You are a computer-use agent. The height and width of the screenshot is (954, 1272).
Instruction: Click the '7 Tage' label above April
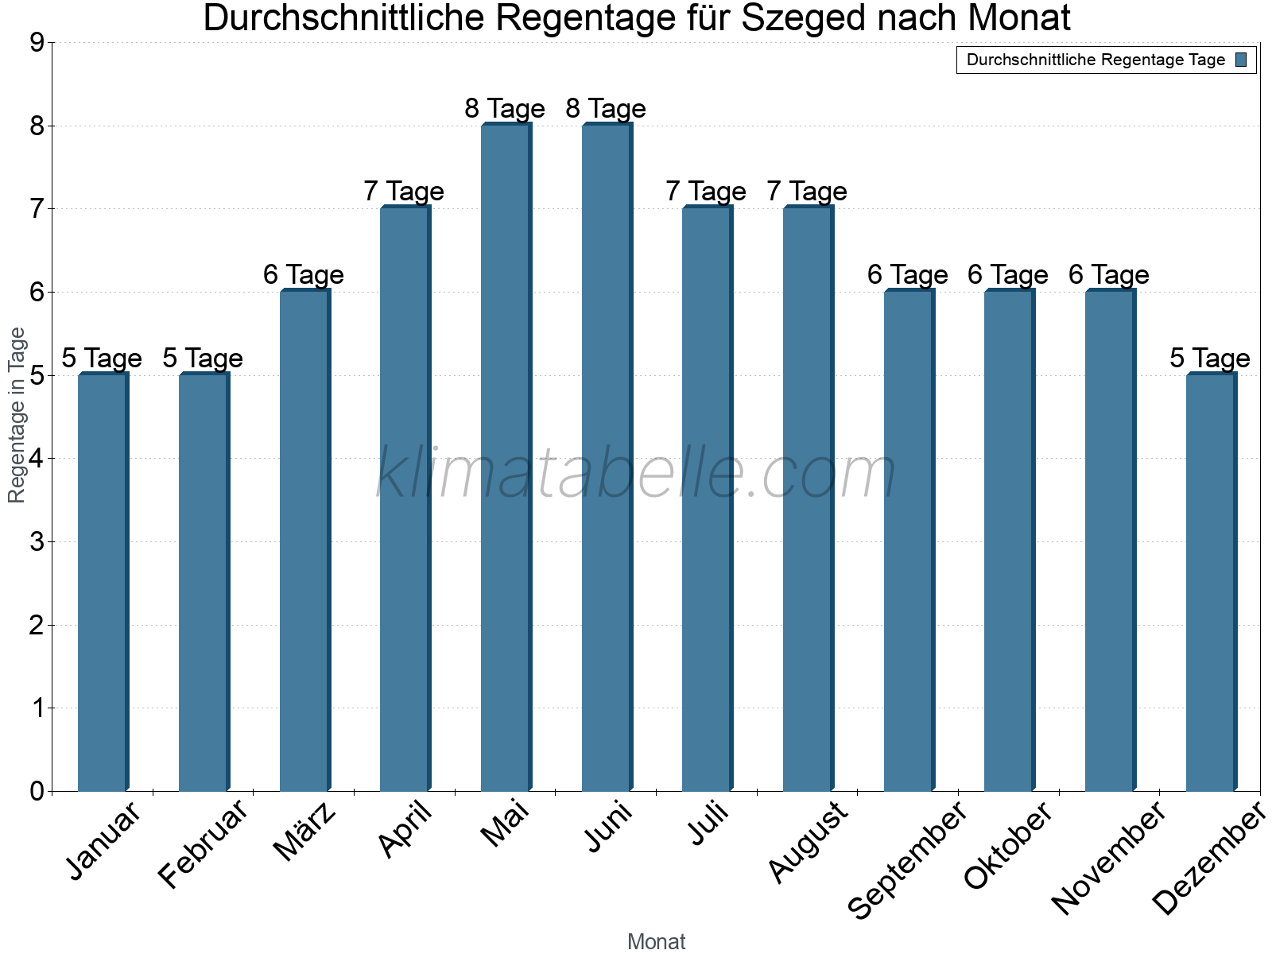pos(404,192)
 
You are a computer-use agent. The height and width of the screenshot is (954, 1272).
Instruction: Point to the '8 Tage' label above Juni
pos(606,108)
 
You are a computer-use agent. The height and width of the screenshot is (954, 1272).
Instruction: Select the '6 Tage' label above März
pos(304,275)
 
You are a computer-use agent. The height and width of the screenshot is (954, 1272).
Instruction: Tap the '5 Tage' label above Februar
pos(203,359)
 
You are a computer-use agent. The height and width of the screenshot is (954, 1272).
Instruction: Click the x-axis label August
pos(809,842)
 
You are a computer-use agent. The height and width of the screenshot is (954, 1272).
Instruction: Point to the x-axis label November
pos(1108,857)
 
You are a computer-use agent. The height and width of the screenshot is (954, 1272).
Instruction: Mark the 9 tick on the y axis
pos(37,43)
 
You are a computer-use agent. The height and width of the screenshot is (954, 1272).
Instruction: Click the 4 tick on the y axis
pos(37,459)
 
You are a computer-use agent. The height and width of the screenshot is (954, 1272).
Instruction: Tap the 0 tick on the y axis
pos(37,792)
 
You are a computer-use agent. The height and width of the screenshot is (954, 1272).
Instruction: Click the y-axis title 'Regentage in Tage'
pos(17,415)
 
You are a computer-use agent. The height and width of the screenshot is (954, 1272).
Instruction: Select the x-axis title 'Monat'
pos(656,942)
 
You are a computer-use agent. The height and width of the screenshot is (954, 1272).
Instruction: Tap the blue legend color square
pos(1241,60)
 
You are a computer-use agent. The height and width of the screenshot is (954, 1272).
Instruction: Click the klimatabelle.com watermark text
pos(636,474)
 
